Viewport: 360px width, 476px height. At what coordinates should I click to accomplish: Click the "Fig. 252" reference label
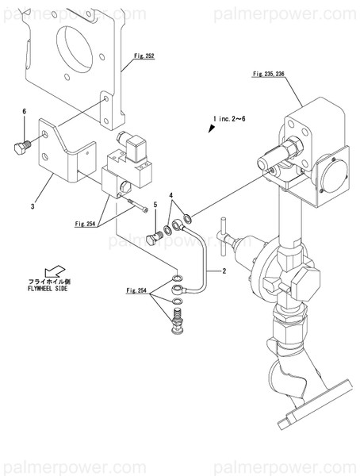[x=144, y=57]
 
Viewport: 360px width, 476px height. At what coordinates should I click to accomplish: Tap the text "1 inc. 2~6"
[x=230, y=119]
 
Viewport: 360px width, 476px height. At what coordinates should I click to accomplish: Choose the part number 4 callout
[x=170, y=195]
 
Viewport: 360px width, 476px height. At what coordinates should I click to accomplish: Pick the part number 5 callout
[x=155, y=205]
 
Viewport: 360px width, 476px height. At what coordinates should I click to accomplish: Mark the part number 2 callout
[x=224, y=271]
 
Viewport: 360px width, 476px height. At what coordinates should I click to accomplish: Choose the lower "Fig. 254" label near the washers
[x=136, y=291]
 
